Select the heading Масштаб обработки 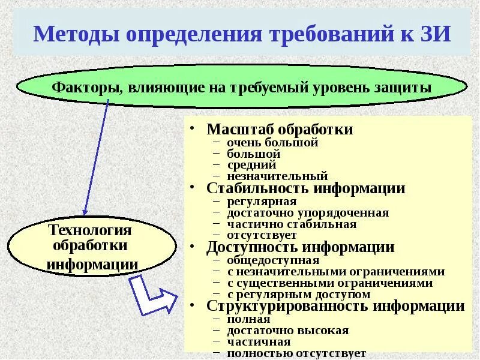[x=280, y=130]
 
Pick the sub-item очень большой [x=272, y=143]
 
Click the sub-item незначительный [x=277, y=176]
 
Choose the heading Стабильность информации [x=306, y=188]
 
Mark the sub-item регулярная [x=262, y=202]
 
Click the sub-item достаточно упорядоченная [x=308, y=213]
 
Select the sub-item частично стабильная [x=292, y=224]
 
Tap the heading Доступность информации [x=301, y=247]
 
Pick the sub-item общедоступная [x=273, y=260]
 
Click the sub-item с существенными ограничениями [x=330, y=283]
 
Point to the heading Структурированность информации [x=335, y=306]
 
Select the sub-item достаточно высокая [x=288, y=331]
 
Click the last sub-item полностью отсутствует [x=296, y=353]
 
